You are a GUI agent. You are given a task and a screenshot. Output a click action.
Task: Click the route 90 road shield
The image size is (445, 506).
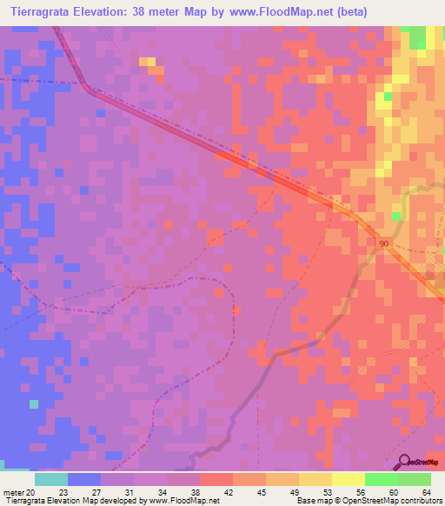point(384,245)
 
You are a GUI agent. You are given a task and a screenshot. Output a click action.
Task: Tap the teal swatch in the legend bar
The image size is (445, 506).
point(51,479)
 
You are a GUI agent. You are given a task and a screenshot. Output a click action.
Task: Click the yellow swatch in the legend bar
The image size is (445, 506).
point(349,479)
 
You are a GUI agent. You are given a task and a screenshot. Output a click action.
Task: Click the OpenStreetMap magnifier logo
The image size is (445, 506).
point(403,461)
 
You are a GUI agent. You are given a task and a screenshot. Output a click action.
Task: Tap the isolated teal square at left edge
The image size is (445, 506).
point(34,404)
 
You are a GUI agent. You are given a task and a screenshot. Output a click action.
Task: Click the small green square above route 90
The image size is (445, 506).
point(396,215)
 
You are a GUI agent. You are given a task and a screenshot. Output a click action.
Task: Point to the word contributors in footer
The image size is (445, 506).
point(415,501)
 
